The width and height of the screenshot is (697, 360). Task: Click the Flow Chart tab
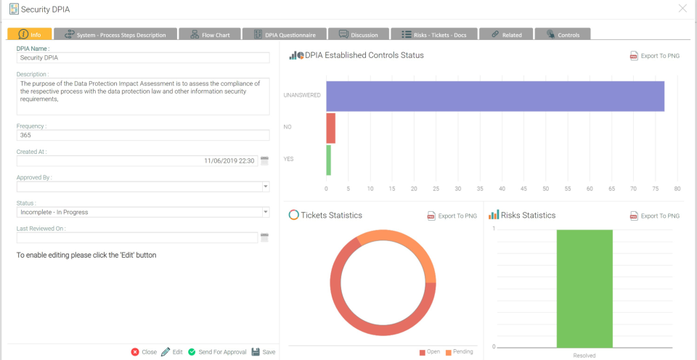pyautogui.click(x=210, y=34)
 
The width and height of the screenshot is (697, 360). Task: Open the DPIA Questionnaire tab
pyautogui.click(x=284, y=34)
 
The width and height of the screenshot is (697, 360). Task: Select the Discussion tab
pyautogui.click(x=358, y=34)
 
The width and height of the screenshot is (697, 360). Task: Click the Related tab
pyautogui.click(x=506, y=34)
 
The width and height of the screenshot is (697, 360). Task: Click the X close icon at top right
pyautogui.click(x=682, y=9)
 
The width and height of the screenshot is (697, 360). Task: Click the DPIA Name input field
pyautogui.click(x=143, y=57)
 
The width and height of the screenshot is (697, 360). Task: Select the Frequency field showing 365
pyautogui.click(x=143, y=135)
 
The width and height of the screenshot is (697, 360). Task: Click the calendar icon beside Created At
pyautogui.click(x=265, y=160)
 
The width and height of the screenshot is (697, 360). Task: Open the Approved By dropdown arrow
pyautogui.click(x=265, y=187)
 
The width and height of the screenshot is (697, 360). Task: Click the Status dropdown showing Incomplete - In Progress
pyautogui.click(x=143, y=212)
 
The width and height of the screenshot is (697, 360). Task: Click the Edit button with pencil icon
pyautogui.click(x=172, y=352)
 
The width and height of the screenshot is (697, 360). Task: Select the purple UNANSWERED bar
pyautogui.click(x=495, y=96)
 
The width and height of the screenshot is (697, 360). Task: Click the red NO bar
pyautogui.click(x=330, y=128)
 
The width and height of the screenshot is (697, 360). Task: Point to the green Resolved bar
pyautogui.click(x=584, y=288)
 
